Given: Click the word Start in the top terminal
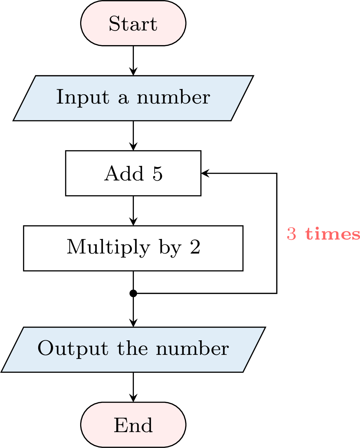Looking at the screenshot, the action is pos(133,24).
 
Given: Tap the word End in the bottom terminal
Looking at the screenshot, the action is pos(133,425).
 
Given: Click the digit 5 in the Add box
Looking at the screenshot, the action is pos(157,173).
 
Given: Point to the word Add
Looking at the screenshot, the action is pos(124,173).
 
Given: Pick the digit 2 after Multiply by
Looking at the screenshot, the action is pos(195,247).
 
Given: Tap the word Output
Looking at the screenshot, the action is pos(73,349).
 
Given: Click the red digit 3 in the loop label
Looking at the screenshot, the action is pos(291,234).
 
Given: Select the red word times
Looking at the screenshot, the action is pos(332,234).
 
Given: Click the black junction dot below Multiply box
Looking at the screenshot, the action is pos(133,293).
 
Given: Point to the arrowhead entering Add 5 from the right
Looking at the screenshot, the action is pos(205,173).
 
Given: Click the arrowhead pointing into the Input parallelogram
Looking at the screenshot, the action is pos(133,71).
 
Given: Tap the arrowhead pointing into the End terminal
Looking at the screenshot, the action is pos(133,398).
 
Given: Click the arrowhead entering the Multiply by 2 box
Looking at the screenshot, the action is pos(133,221).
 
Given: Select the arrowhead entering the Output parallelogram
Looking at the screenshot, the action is pos(133,323).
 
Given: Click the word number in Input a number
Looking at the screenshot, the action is pos(173,97).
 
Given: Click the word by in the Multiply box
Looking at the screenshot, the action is pos(170,248).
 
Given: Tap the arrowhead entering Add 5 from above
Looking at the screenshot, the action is pos(133,146).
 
